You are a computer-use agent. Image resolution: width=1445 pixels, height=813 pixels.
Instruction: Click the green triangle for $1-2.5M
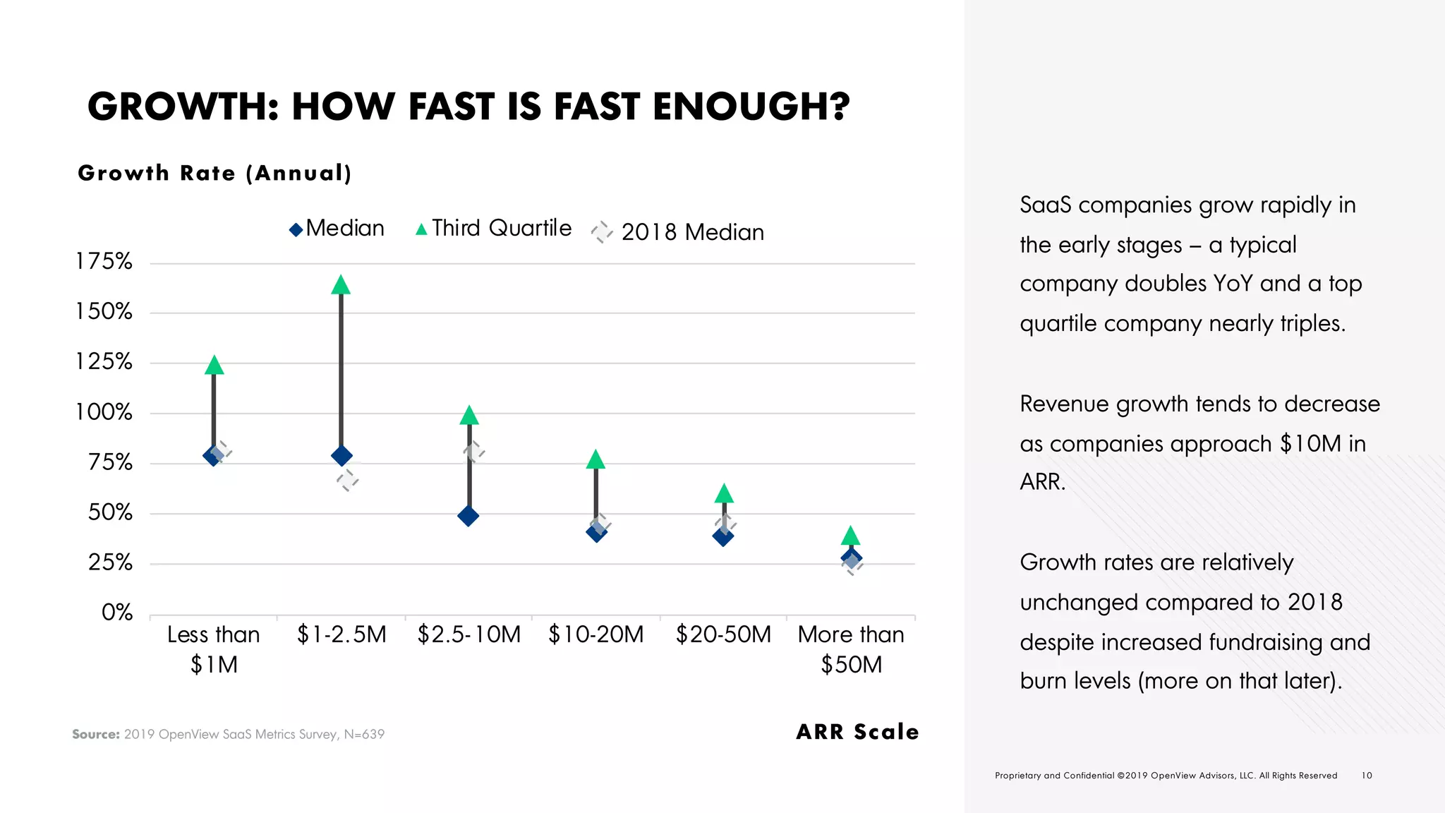point(341,285)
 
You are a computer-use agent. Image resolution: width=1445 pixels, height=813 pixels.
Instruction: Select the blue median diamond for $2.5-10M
point(468,516)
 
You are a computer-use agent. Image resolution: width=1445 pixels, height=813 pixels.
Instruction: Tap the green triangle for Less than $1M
point(214,366)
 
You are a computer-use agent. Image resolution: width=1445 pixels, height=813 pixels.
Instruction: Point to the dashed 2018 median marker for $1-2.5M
point(347,481)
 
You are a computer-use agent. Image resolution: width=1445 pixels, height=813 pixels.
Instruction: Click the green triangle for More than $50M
point(851,536)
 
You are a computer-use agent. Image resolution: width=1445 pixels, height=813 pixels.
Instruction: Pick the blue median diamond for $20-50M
point(723,536)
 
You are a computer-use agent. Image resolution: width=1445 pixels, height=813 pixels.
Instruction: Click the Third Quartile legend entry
point(494,229)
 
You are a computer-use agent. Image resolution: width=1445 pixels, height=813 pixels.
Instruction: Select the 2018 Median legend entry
point(677,232)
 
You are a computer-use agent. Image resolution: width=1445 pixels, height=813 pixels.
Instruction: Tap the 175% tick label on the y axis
point(104,262)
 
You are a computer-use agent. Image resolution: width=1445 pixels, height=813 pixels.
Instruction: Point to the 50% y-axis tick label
point(109,512)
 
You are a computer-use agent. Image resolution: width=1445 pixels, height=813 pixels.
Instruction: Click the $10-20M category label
point(596,634)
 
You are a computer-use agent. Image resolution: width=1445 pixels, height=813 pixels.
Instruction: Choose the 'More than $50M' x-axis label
point(851,649)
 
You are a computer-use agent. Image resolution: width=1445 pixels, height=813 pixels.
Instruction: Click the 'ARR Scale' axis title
point(857,732)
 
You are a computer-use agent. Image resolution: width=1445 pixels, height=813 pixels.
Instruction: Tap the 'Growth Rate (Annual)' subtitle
point(214,173)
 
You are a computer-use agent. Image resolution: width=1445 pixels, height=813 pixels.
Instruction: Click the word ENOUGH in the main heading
point(751,107)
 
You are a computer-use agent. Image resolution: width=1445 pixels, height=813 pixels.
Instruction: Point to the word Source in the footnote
point(96,735)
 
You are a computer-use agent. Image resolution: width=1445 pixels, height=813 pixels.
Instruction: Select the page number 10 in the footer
point(1367,776)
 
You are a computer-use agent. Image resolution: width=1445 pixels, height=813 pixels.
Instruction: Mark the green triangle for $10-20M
point(595,460)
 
